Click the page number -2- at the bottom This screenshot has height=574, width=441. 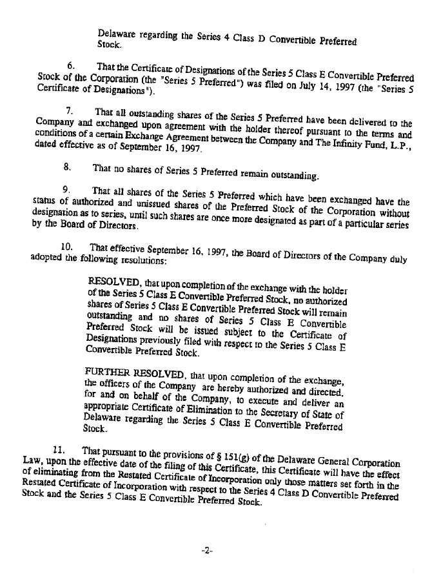pyautogui.click(x=206, y=551)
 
